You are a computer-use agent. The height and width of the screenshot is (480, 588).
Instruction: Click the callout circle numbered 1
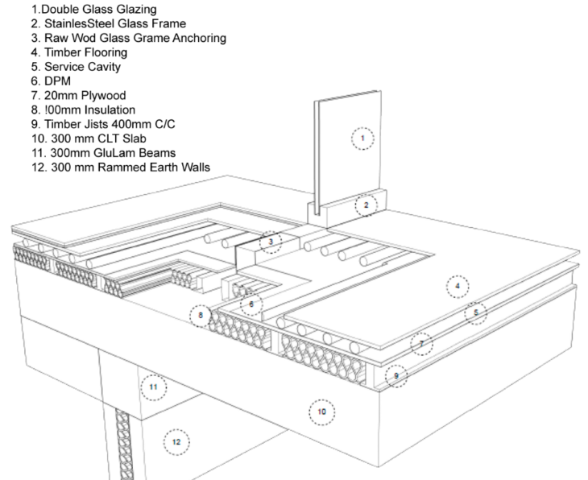363,139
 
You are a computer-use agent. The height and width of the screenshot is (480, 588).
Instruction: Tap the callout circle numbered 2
366,205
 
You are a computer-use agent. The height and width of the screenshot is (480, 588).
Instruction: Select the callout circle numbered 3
271,241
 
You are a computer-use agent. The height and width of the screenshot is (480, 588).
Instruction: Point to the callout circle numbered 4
457,286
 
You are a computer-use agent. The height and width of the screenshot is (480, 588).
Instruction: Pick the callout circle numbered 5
476,312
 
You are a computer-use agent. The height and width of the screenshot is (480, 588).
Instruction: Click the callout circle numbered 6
251,304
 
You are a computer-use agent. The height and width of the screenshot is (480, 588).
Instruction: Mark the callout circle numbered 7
420,344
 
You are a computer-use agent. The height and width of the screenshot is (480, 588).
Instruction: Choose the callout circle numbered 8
201,315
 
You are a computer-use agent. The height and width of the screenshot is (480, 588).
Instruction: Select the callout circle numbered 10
322,412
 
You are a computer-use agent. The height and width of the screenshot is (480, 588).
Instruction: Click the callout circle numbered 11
154,387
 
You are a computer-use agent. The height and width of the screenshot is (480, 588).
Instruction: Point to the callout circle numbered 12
176,441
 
